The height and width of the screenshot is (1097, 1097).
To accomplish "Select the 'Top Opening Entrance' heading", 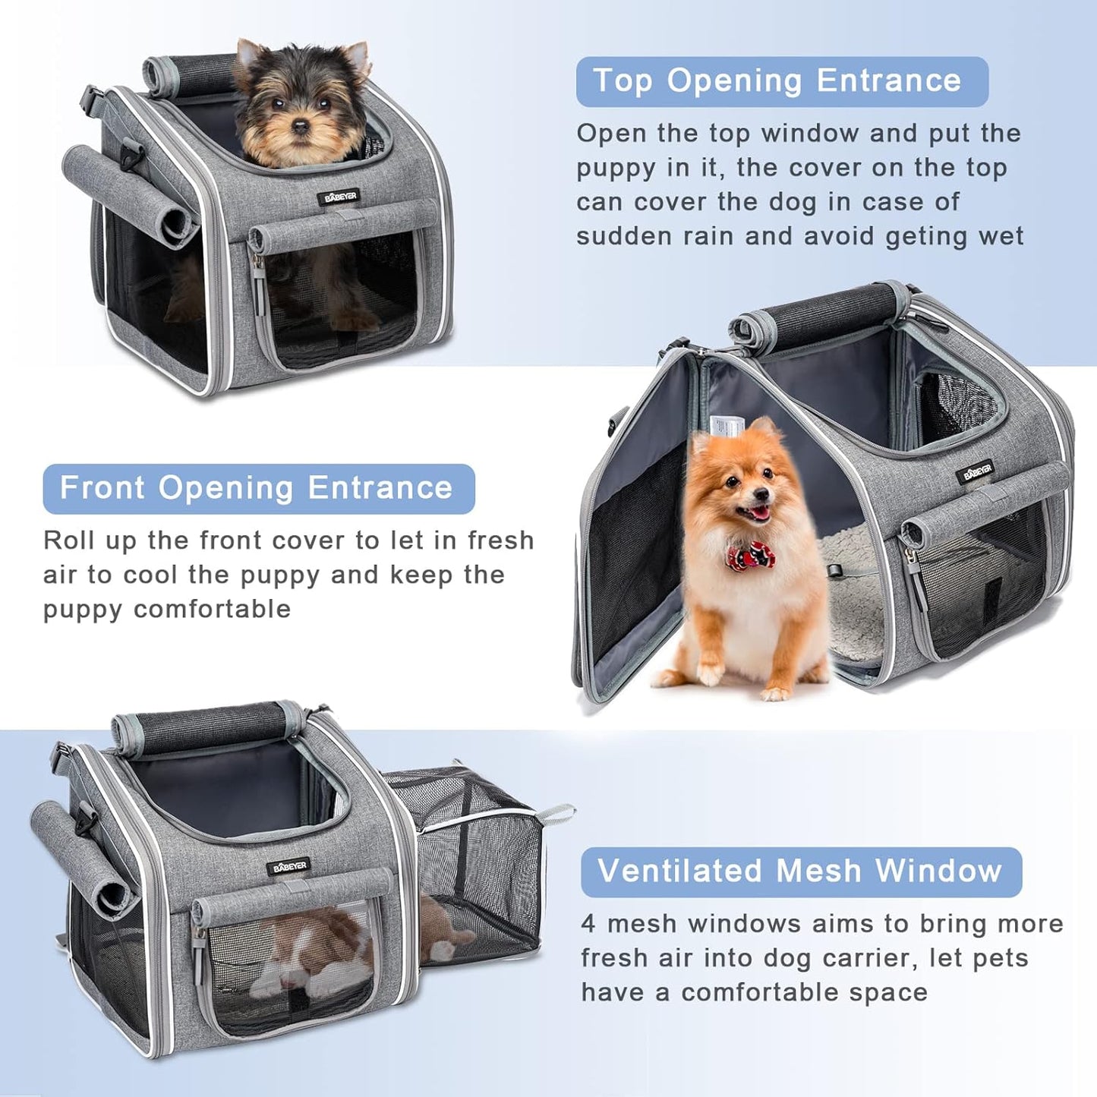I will point(781,81).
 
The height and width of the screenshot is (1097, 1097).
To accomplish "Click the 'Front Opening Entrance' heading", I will point(258,488).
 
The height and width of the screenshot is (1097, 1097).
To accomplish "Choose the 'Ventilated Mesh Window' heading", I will point(800,872).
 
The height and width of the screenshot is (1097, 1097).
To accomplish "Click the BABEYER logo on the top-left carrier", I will point(339,197).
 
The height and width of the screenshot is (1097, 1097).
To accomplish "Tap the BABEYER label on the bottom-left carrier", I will point(288,866).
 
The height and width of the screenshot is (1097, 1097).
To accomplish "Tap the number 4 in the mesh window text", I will point(589,924).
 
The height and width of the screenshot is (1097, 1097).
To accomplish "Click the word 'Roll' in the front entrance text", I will point(68,541).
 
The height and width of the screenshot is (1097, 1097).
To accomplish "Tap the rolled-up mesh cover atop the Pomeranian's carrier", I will point(816,313).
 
